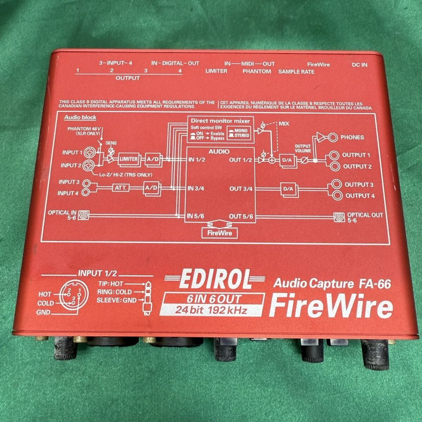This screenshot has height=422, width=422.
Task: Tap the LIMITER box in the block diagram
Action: pyautogui.click(x=129, y=159)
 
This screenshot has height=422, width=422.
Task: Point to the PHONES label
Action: pyautogui.click(x=352, y=138)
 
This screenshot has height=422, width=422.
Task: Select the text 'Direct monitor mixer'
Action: pyautogui.click(x=220, y=121)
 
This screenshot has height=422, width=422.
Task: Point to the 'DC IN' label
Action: pyautogui.click(x=359, y=65)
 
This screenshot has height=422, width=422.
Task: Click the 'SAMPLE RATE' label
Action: pyautogui.click(x=296, y=71)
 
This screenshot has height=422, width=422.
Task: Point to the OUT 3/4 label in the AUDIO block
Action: pyautogui.click(x=241, y=188)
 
